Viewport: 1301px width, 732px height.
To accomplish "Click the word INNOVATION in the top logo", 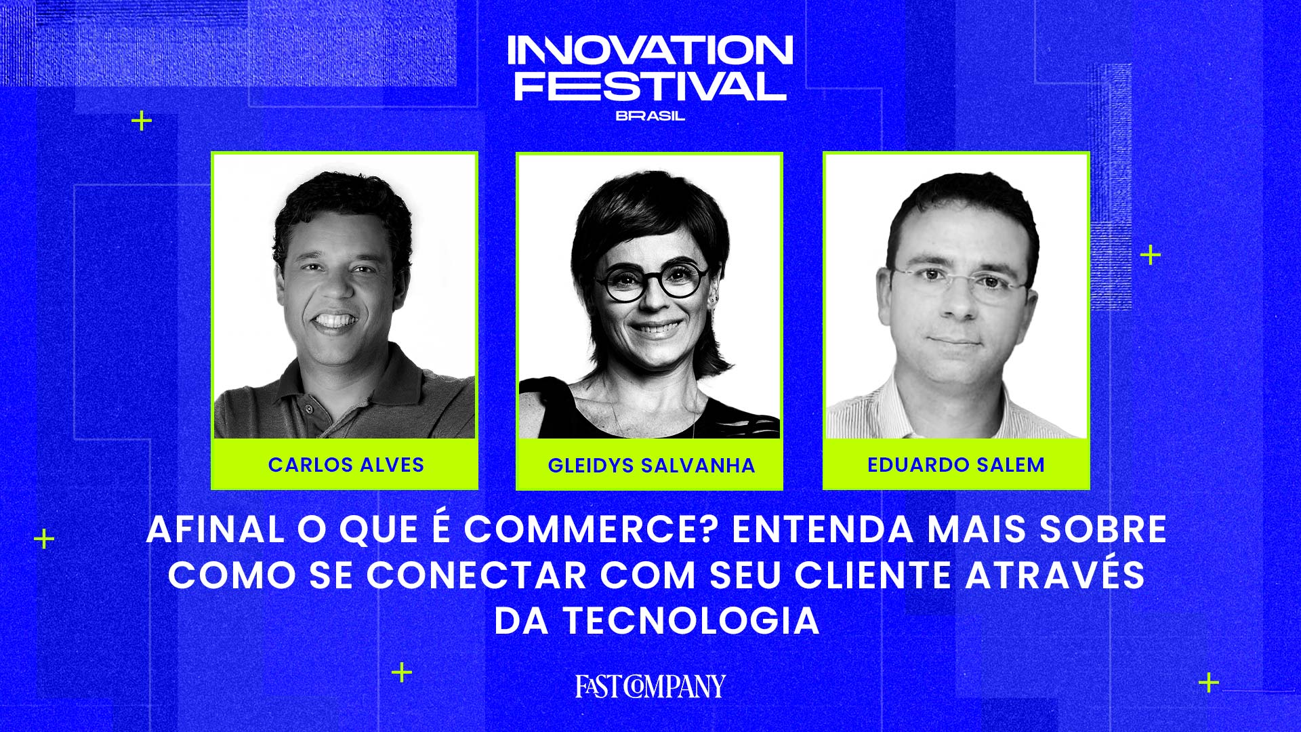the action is pos(650,50).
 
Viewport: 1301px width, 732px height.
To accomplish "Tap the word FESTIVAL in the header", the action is pos(650,85).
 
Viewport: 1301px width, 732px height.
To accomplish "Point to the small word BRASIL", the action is pos(650,116).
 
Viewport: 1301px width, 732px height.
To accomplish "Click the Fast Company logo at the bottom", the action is pos(650,686).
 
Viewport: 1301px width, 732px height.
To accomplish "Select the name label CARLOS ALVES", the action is pos(346,465).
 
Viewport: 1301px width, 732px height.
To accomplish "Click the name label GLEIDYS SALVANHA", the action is pos(651,466).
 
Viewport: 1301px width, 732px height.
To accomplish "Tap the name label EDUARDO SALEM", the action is pos(956,465).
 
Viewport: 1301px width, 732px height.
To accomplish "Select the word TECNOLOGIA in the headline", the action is pos(692,621).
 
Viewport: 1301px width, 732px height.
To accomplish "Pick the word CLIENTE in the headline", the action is pos(874,575).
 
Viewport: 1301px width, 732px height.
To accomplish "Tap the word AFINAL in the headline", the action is pos(215,529).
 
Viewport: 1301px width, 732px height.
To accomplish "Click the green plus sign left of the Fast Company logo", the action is pos(402,672).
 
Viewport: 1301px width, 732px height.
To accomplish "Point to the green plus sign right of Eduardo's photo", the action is pos(1151,255).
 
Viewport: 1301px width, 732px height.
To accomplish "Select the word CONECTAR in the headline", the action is pos(476,575).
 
